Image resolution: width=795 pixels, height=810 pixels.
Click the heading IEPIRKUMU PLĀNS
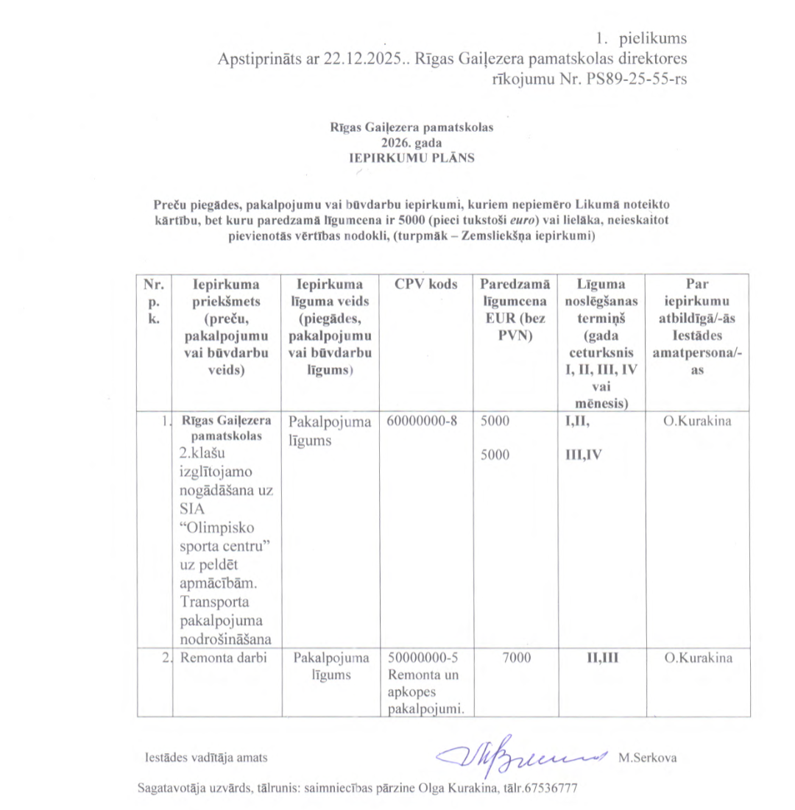[x=411, y=156]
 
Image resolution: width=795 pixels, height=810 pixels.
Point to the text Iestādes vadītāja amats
[x=206, y=757]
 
